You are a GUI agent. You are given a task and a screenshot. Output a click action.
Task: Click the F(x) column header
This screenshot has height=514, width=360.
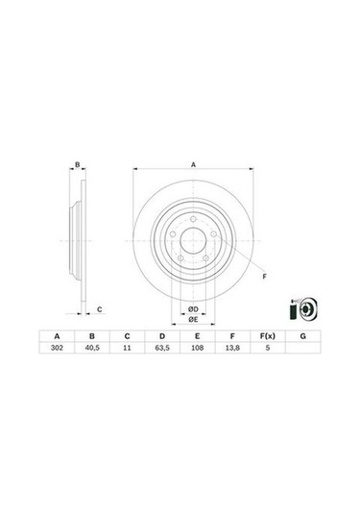tap(267, 336)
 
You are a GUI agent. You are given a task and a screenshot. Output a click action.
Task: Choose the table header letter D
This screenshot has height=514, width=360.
tap(162, 336)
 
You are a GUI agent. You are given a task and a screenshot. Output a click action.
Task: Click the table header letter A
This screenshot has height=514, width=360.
tap(59, 336)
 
